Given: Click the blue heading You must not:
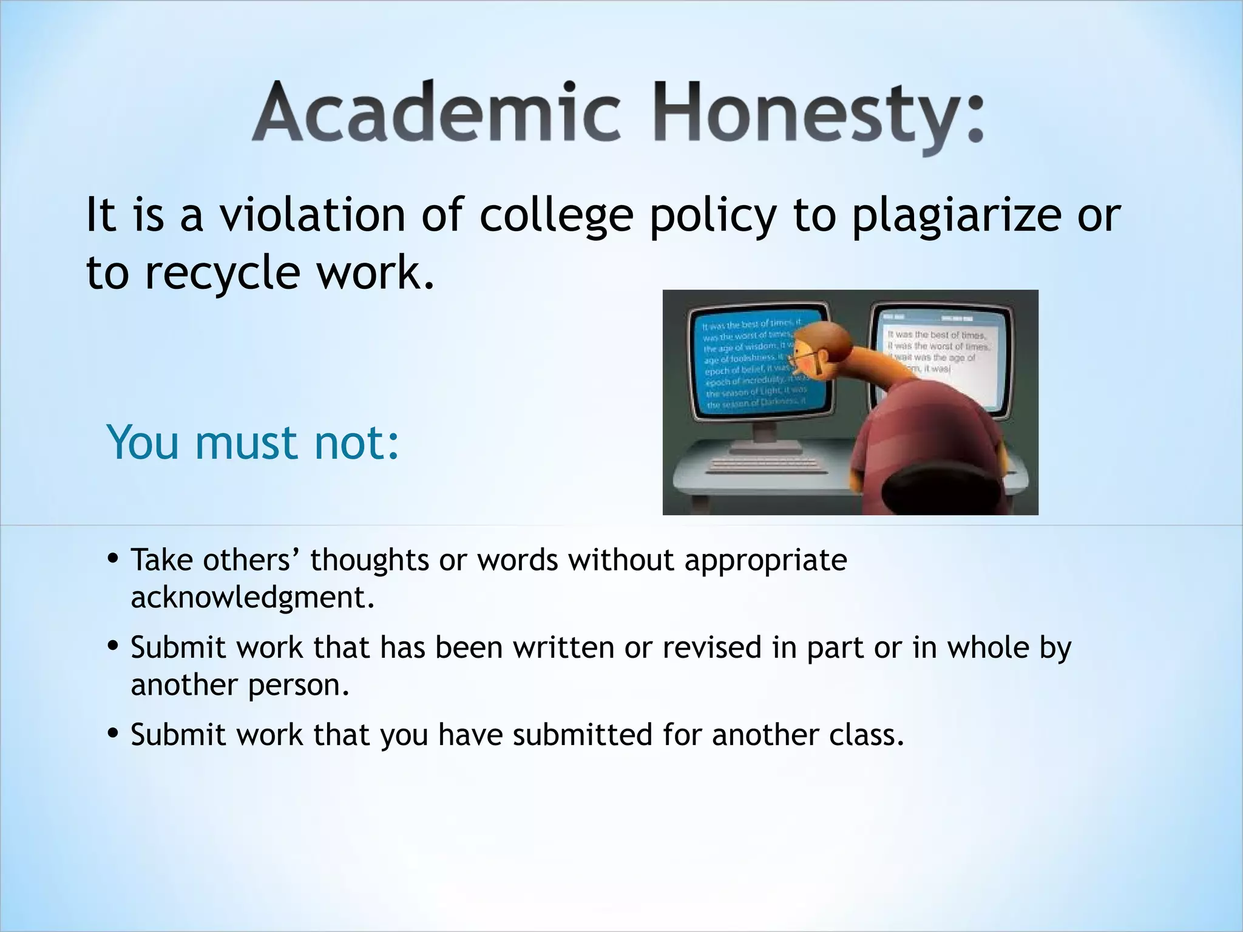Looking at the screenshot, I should pyautogui.click(x=252, y=443).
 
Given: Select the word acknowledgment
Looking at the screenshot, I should pyautogui.click(x=252, y=598).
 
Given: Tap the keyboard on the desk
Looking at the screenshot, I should pyautogui.click(x=768, y=464).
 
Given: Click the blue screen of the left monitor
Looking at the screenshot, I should pyautogui.click(x=753, y=364).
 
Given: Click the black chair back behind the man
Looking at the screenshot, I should pyautogui.click(x=923, y=485).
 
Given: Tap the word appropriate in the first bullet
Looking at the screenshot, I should pyautogui.click(x=765, y=560).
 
